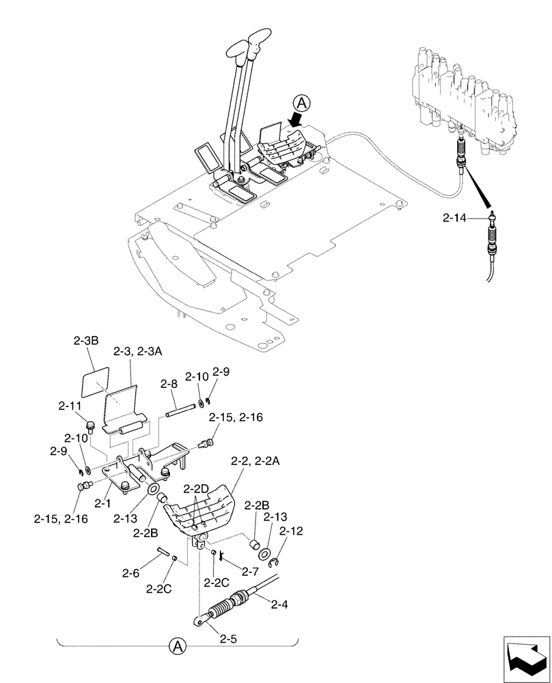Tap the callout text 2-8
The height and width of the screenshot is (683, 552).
coord(169,385)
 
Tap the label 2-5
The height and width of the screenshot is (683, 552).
coord(229,640)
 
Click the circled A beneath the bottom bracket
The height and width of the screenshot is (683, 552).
coord(177,645)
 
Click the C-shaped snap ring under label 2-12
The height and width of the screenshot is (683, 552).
coord(277,561)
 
